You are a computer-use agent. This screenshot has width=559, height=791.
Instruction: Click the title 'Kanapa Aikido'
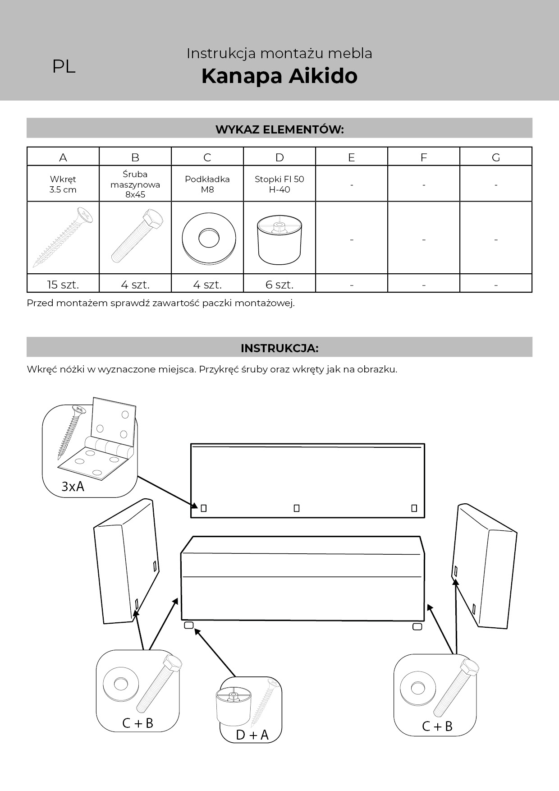point(279,76)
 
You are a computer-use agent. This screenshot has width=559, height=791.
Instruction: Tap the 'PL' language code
point(64,67)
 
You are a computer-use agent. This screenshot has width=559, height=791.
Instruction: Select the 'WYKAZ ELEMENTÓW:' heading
point(279,129)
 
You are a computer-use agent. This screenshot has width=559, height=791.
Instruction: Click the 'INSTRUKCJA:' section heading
point(279,348)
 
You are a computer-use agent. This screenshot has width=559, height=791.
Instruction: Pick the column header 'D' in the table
point(279,157)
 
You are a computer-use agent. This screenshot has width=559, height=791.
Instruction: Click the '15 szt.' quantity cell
point(63,285)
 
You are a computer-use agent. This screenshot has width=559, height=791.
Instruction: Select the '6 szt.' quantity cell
point(279,285)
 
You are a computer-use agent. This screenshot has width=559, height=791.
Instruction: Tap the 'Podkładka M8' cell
point(207,184)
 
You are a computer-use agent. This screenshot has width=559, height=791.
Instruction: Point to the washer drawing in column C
point(209,238)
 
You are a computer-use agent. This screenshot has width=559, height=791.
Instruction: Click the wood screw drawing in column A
point(63,237)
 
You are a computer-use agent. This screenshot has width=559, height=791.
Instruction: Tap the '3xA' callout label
point(73,487)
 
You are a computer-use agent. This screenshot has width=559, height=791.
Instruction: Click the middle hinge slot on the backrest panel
point(297,508)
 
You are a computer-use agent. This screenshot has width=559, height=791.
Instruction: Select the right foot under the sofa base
point(417,626)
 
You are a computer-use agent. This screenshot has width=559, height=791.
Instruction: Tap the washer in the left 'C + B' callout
point(120,684)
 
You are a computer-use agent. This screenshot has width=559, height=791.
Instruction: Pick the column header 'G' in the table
point(496,157)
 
